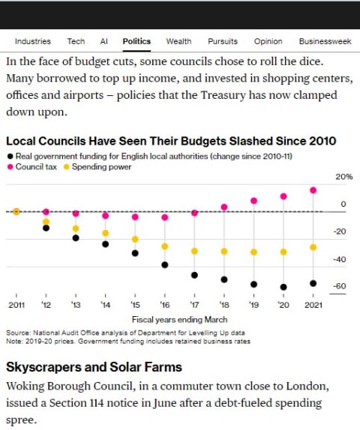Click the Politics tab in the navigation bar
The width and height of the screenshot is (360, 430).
(136, 41)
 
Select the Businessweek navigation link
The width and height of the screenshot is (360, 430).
(325, 41)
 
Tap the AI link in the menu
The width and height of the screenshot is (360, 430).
(103, 41)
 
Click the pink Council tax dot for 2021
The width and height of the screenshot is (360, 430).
(313, 190)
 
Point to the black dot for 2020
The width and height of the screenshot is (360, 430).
(283, 287)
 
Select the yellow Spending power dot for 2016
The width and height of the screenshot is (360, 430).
(165, 246)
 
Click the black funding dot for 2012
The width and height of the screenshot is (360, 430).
(46, 228)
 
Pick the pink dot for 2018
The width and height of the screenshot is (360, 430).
(224, 207)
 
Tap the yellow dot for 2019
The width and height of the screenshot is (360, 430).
(253, 252)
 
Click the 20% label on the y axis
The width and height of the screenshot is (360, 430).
(343, 177)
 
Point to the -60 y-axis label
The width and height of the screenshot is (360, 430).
(340, 286)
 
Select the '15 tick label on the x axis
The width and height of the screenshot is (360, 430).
(135, 305)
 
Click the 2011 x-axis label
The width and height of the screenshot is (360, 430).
(16, 305)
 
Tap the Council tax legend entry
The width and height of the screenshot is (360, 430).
(32, 167)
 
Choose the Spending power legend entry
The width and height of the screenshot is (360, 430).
(97, 167)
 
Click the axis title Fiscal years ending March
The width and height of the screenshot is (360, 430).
(179, 320)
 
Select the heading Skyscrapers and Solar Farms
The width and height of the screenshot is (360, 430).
(94, 367)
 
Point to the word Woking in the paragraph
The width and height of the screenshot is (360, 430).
(25, 387)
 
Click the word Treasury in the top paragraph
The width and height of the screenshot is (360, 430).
(223, 95)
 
